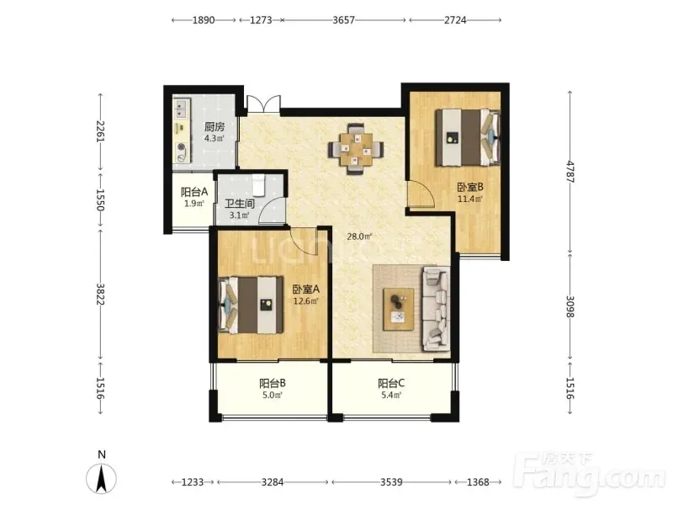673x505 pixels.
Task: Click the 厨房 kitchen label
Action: coord(215,127)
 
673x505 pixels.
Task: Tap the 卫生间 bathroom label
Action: coord(240,204)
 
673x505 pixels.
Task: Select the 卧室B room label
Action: coord(470,187)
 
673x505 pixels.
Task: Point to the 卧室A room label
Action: coord(306,289)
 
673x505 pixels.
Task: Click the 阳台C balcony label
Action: coord(391,383)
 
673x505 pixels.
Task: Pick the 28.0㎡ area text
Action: coord(359,237)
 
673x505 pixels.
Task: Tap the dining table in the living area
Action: coord(356,150)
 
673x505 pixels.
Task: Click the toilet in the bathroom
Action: coord(259,184)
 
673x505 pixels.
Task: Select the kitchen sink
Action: coord(182,109)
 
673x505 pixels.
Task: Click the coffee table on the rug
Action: coord(399,309)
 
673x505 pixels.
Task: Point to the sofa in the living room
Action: coord(436,309)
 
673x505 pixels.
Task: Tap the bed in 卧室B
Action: coord(468,137)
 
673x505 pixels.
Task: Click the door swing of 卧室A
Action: coord(304,241)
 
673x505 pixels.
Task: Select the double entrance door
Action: coord(263,104)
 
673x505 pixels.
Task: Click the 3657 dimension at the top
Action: coord(344,19)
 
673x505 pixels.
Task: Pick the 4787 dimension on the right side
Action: coord(570,172)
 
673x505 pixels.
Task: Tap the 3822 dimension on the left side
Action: coord(100,294)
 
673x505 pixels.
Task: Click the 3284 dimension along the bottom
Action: coord(273,482)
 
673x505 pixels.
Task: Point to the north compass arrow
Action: coord(101,478)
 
